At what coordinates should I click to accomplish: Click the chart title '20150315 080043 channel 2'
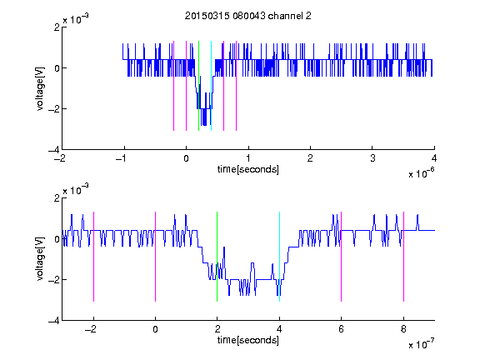tap(248, 16)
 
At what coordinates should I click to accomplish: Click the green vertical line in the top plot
tap(198, 86)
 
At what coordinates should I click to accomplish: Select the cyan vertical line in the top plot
tap(211, 86)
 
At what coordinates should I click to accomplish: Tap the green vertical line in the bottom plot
tap(217, 257)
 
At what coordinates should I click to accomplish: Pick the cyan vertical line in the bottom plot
tap(279, 257)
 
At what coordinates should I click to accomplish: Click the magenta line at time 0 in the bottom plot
tap(155, 257)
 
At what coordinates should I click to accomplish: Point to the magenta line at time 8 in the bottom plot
tap(403, 257)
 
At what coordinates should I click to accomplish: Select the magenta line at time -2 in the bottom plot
tap(93, 257)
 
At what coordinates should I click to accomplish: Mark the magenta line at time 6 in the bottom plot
tap(341, 257)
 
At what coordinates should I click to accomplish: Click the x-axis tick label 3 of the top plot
tap(372, 158)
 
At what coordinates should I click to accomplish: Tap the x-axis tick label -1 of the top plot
tap(122, 158)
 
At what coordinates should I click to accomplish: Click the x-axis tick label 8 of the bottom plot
tap(403, 329)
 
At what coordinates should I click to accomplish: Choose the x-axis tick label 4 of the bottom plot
tap(279, 329)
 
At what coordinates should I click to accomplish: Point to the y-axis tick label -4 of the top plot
tap(54, 150)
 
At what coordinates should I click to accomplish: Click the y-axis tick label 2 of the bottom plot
tap(57, 198)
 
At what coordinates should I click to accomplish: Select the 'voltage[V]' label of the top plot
tap(40, 89)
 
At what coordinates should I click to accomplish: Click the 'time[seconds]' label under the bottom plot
tap(248, 340)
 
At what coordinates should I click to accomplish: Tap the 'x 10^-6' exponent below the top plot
tap(421, 173)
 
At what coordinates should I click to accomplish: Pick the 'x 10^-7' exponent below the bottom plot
tap(421, 344)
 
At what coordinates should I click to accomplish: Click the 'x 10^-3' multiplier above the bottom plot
tap(76, 190)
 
